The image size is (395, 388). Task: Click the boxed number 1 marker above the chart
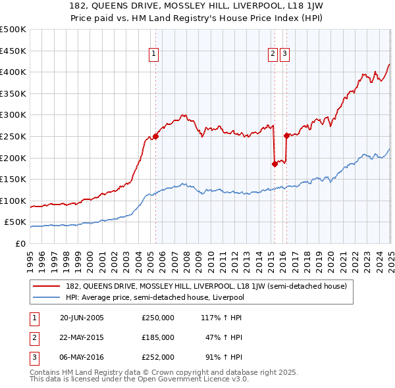[x=153, y=55]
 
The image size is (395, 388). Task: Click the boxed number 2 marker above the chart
[x=273, y=55]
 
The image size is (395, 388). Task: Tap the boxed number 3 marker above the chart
[x=284, y=55]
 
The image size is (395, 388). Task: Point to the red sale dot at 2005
[x=156, y=137]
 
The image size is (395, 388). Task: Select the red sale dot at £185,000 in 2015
[x=275, y=164]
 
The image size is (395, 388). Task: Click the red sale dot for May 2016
[x=286, y=135]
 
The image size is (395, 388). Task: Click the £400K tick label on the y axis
[x=14, y=72]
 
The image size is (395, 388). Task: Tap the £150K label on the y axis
[x=14, y=179]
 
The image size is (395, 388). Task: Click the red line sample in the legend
[x=47, y=286]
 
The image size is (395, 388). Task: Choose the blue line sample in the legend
[x=47, y=297]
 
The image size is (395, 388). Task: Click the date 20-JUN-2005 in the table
[x=82, y=318]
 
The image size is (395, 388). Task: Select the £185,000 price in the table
[x=157, y=337]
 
